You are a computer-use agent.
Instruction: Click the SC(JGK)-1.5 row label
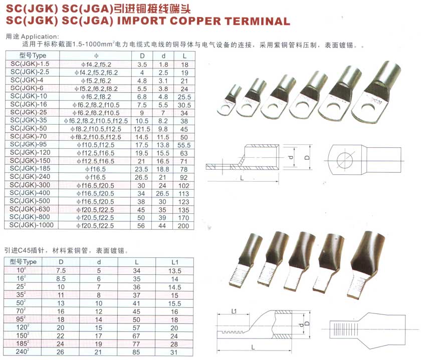click(x=31, y=65)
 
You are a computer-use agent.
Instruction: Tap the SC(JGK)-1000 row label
click(x=33, y=225)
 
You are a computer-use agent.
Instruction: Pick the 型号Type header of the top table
click(x=32, y=56)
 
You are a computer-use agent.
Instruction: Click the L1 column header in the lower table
click(x=174, y=262)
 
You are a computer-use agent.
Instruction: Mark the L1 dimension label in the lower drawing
click(x=234, y=311)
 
